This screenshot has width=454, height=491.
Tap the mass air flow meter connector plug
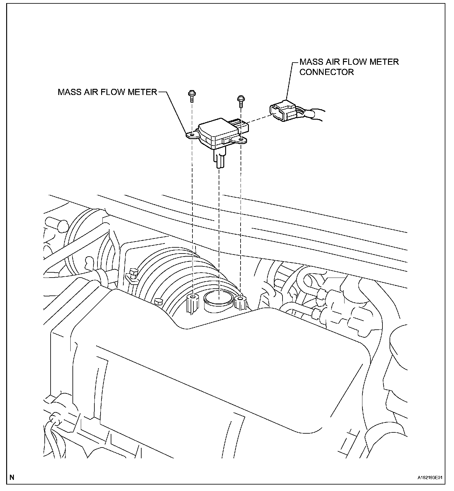[x=282, y=113]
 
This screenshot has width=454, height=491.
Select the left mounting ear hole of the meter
[x=192, y=135]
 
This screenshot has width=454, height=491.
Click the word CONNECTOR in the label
[x=327, y=72]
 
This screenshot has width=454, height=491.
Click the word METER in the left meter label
[x=142, y=92]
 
